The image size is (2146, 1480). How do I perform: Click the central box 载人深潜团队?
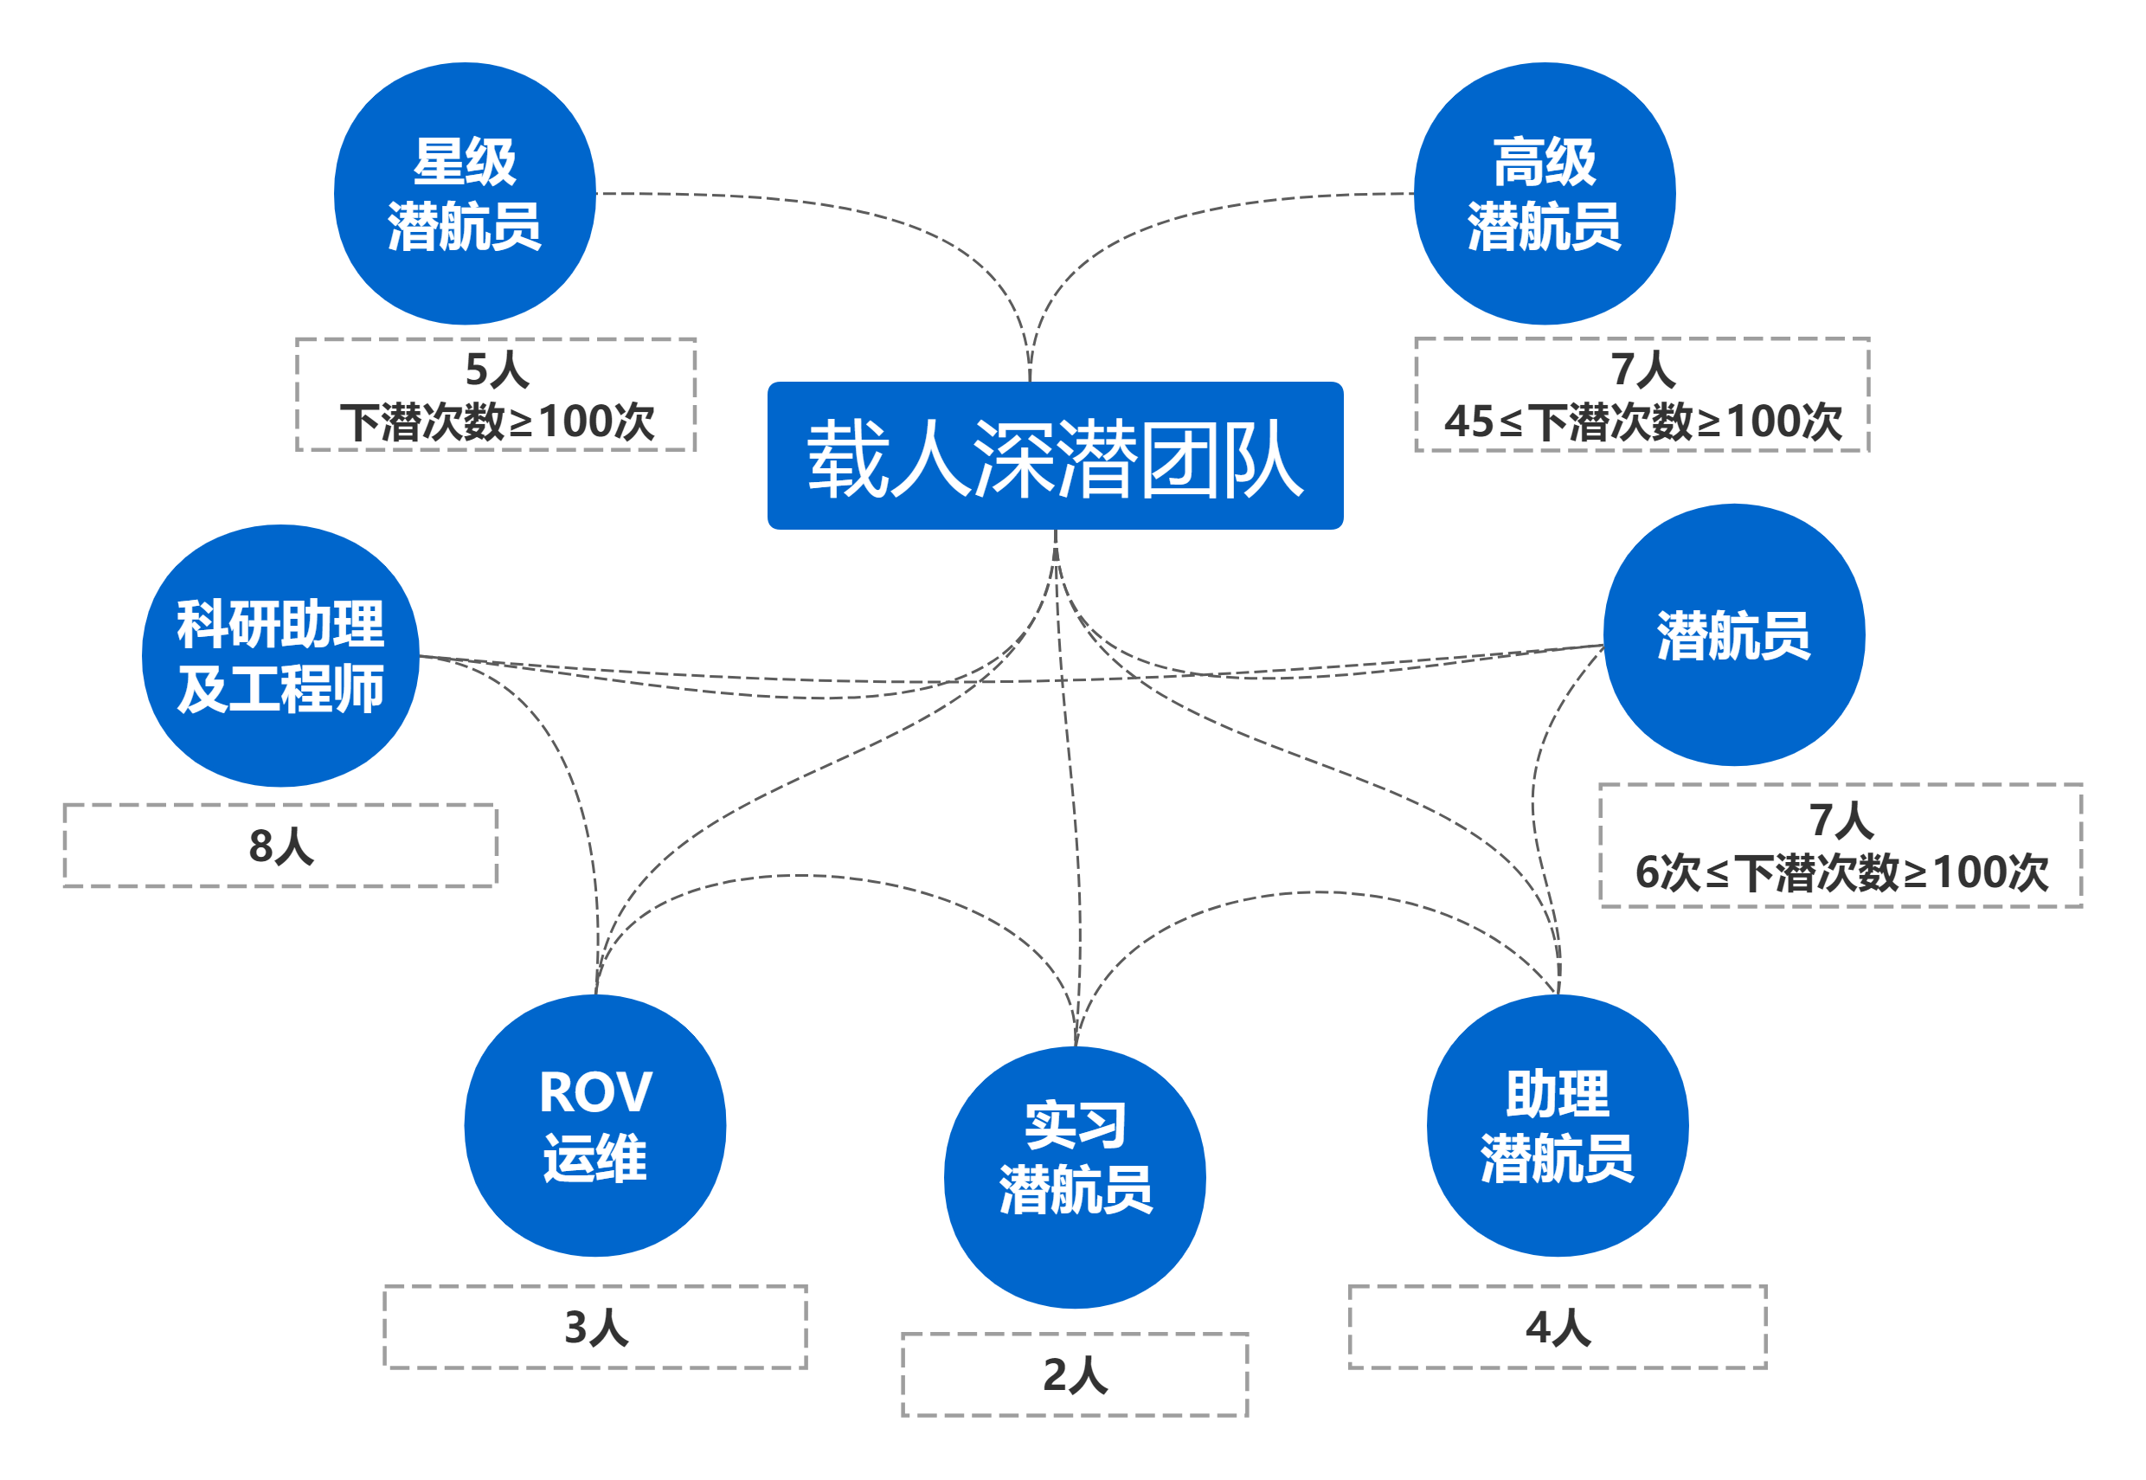coord(1055,456)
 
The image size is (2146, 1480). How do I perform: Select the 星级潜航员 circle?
coord(465,194)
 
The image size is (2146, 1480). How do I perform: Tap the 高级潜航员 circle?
coord(1545,194)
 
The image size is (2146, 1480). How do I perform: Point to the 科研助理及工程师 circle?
coord(280,657)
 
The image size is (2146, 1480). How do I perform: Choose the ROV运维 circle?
coord(595,1125)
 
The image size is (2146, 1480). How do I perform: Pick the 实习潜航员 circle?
coord(1075,1177)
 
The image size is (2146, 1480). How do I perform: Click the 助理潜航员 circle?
coord(1558,1125)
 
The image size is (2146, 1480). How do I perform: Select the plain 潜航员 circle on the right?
coord(1733,636)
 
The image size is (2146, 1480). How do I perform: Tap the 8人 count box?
coord(280,846)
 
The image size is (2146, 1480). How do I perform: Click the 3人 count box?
coord(595,1327)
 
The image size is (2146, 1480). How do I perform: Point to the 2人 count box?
coord(1075,1375)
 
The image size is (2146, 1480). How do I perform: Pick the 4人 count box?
coord(1558,1327)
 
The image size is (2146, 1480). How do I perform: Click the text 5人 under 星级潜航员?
coord(497,370)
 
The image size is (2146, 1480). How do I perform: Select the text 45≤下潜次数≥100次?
coord(1642,422)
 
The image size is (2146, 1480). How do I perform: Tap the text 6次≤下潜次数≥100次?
coord(1841,872)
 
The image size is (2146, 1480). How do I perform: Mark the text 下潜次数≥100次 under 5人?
coord(497,422)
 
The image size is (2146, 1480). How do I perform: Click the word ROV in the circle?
coord(595,1092)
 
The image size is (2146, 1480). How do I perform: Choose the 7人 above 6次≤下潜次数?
coord(1841,820)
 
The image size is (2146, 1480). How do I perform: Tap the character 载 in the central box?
coord(847,458)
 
